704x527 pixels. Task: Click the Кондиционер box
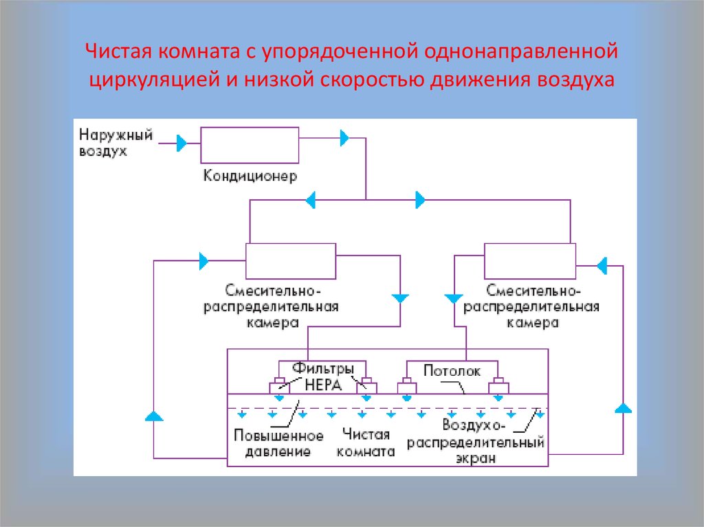(x=250, y=145)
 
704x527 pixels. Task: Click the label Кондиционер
(x=250, y=177)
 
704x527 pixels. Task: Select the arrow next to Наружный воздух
(x=182, y=143)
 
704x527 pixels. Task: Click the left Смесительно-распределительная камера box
(x=291, y=260)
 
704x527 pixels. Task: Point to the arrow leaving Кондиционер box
(x=344, y=137)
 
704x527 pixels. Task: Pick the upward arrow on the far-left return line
(x=154, y=415)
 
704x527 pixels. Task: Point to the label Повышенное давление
(x=278, y=444)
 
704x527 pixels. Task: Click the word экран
(x=475, y=459)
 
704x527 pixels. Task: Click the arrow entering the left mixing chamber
(x=203, y=260)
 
